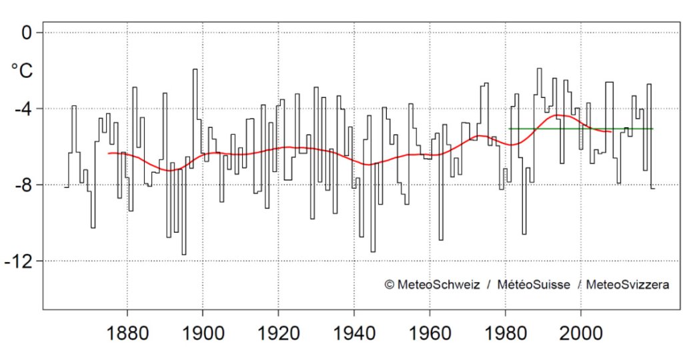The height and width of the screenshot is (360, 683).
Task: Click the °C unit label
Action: [21, 70]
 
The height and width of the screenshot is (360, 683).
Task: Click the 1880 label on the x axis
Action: [126, 334]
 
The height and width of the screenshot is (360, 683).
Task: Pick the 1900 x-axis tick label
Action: [202, 334]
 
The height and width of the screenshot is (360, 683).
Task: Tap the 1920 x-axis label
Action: [278, 334]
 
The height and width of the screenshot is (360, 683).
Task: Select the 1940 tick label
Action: [354, 334]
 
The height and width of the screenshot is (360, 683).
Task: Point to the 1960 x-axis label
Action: [430, 334]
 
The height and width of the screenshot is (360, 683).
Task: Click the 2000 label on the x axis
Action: [581, 334]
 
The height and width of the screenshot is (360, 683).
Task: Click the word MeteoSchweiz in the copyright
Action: [438, 285]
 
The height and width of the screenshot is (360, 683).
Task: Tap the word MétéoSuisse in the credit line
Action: [533, 285]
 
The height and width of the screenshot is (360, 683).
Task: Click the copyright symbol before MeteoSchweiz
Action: [390, 285]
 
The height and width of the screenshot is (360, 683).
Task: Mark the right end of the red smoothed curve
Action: [611, 132]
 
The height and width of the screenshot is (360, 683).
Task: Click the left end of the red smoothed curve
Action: [109, 153]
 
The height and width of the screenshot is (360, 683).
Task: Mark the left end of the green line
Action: [510, 128]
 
